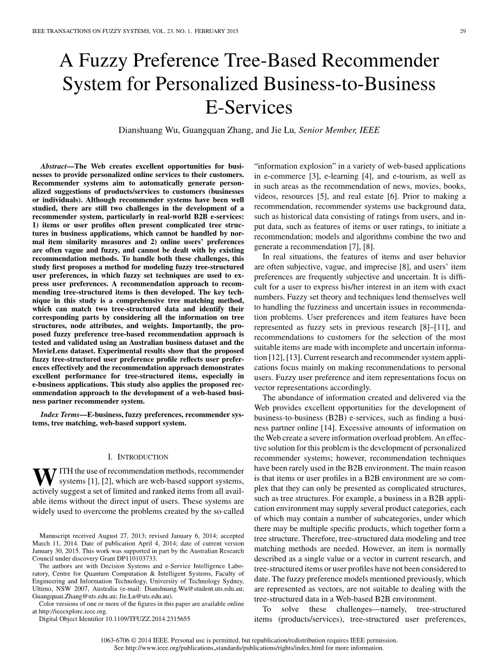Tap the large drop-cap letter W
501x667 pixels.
tap(44, 476)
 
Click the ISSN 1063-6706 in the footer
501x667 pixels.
tap(117, 640)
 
